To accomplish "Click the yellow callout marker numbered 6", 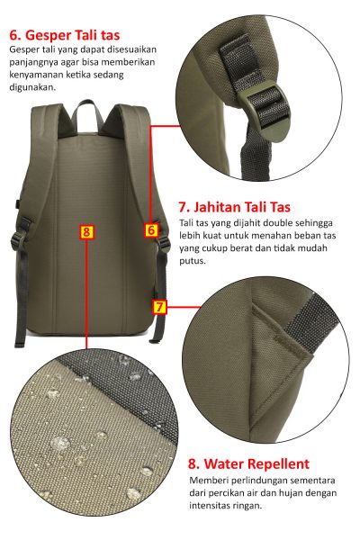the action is point(151,229).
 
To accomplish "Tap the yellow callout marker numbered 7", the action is point(159,307).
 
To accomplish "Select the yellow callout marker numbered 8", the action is point(86,232).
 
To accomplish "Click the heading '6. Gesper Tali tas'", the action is point(65,35).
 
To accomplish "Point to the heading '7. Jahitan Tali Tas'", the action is point(235,207).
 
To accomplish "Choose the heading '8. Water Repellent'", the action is point(248,463).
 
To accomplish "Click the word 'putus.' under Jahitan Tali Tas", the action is point(193,261).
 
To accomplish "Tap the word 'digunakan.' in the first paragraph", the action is point(32,87).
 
